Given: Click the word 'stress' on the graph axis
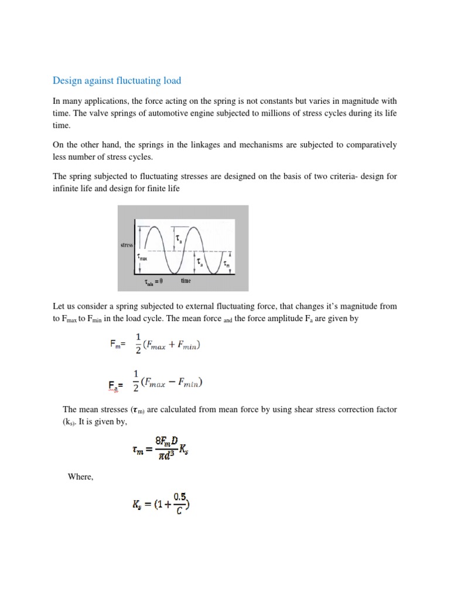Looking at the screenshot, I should tap(127, 244).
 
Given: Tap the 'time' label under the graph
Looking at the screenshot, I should tap(186, 281).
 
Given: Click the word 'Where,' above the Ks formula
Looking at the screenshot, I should tap(81, 477).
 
